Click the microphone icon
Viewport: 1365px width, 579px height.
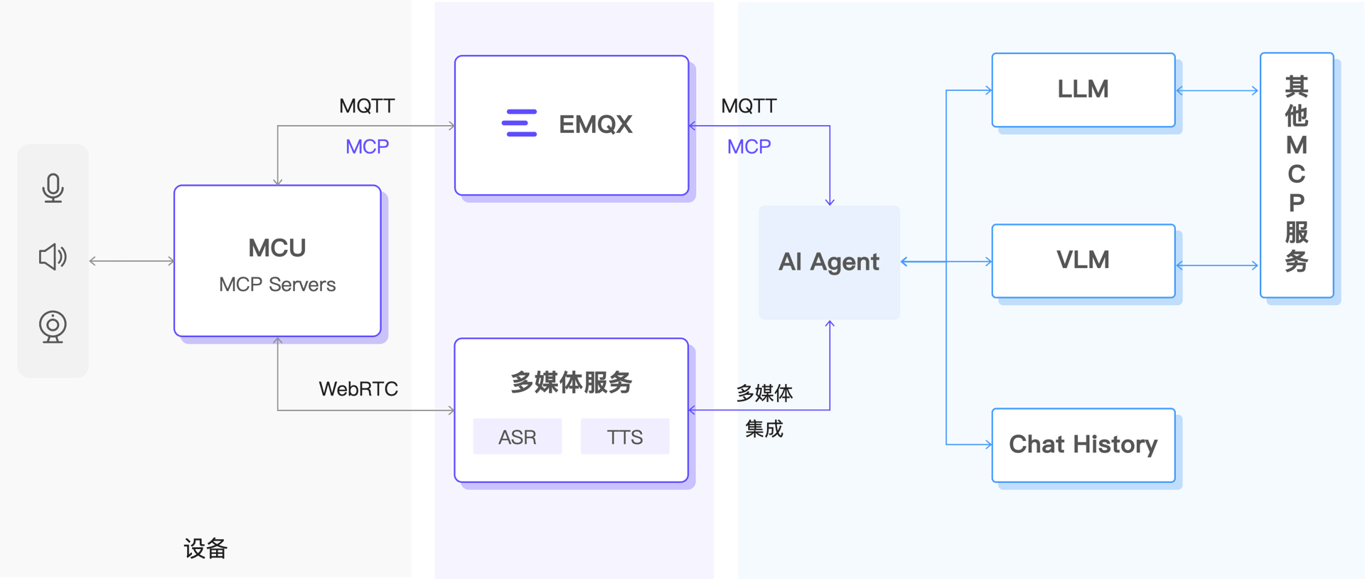(53, 188)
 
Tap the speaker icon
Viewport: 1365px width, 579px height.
(53, 257)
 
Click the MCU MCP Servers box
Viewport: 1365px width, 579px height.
(277, 262)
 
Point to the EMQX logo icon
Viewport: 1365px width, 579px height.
(519, 123)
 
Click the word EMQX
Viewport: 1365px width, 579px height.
(595, 124)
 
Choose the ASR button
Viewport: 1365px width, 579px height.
(517, 437)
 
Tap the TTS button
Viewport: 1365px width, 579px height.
(624, 437)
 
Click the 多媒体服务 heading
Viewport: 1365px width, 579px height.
(571, 382)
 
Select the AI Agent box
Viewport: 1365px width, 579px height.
(829, 262)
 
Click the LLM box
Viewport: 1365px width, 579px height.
(1083, 90)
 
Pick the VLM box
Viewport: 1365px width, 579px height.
(1083, 260)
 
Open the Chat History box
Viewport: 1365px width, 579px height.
(1083, 445)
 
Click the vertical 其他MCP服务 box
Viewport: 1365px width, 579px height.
(1296, 174)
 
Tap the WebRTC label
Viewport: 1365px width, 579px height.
(358, 389)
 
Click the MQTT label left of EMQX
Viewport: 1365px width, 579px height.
(366, 106)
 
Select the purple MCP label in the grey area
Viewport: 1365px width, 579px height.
(367, 147)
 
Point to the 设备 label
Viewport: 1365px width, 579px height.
(205, 548)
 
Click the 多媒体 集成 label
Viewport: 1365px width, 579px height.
(764, 410)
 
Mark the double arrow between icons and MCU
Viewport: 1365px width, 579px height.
(132, 261)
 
